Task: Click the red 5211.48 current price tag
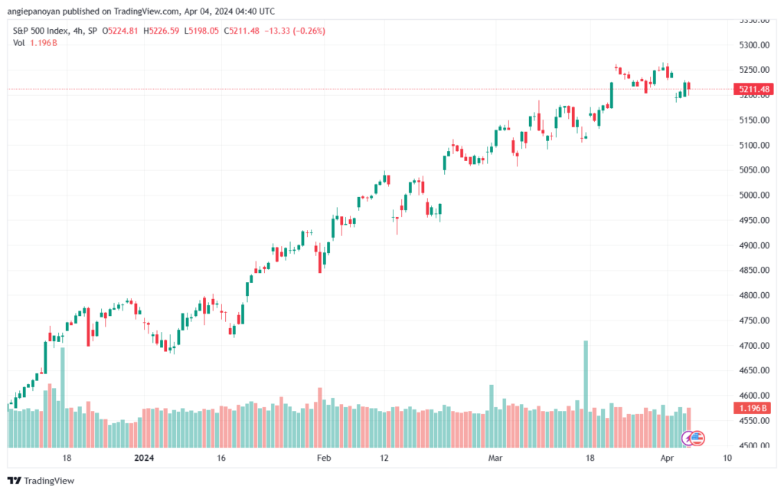(x=753, y=90)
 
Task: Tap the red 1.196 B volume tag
(x=753, y=409)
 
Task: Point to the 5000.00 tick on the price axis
(x=754, y=196)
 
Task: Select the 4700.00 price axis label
(x=754, y=345)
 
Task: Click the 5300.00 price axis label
(x=754, y=45)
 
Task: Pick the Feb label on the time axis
(x=324, y=458)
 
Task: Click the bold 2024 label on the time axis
(x=144, y=458)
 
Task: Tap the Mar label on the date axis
(x=495, y=458)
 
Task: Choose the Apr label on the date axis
(x=667, y=458)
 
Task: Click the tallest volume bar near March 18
(x=586, y=394)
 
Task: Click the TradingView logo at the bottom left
(x=41, y=481)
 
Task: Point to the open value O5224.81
(x=120, y=31)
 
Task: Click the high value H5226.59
(x=161, y=31)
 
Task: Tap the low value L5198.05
(x=201, y=31)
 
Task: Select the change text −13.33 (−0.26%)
(x=295, y=31)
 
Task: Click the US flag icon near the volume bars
(x=697, y=439)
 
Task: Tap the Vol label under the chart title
(x=18, y=43)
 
